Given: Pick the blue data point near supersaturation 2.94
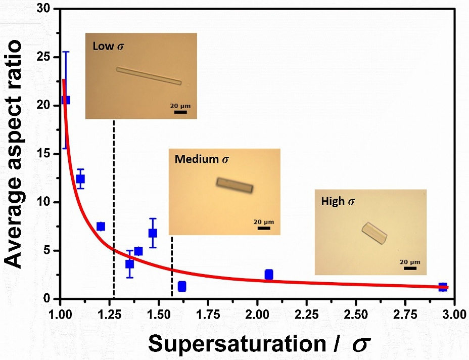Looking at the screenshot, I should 443,287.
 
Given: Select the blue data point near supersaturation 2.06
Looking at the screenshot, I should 269,275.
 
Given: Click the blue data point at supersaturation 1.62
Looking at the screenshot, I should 182,286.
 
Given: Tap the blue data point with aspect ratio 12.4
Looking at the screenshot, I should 80,179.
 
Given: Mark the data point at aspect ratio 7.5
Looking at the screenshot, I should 101,226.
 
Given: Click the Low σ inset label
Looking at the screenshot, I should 108,47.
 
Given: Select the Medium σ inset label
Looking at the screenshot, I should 202,159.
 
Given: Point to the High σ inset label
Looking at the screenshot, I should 338,201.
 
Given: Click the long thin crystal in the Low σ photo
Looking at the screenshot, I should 149,76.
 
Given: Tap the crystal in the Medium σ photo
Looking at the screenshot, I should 234,186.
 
